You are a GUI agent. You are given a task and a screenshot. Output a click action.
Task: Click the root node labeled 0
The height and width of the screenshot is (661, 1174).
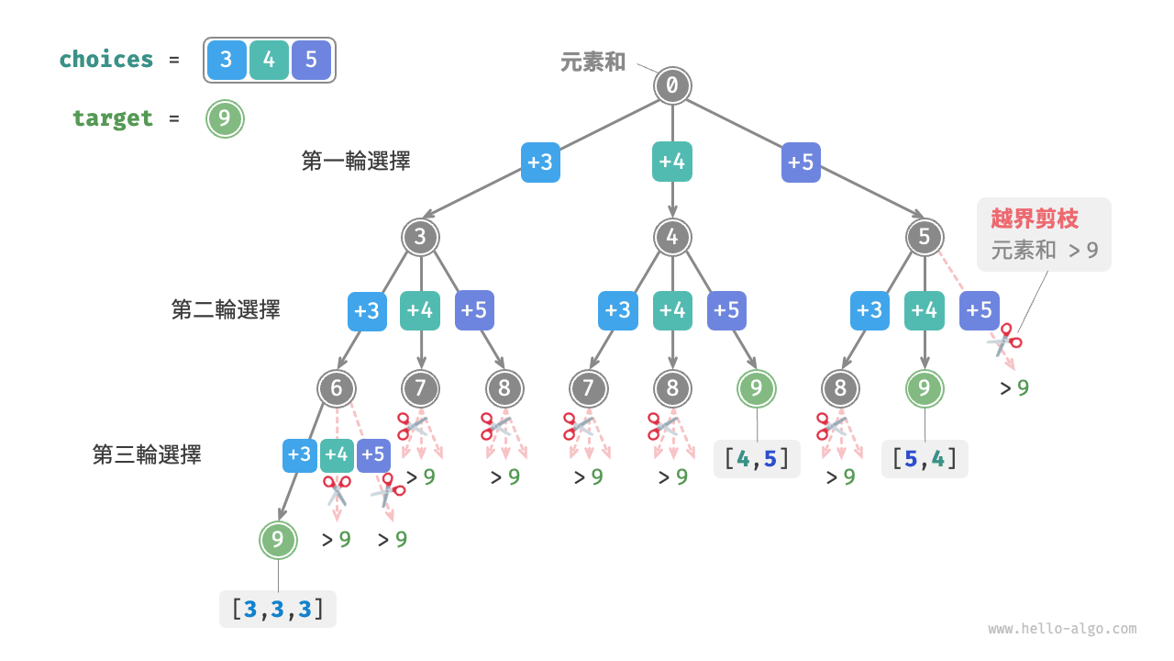(672, 85)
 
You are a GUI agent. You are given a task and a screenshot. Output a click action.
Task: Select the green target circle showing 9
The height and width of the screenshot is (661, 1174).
(225, 118)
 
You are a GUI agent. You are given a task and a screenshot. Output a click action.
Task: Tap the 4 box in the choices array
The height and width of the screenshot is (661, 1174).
(269, 61)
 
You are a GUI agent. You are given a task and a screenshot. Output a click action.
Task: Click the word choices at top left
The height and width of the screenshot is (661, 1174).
(106, 60)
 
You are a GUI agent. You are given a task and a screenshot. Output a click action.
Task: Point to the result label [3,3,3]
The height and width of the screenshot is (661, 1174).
(278, 609)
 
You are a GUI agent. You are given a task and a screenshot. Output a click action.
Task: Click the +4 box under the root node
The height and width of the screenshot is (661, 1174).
(672, 162)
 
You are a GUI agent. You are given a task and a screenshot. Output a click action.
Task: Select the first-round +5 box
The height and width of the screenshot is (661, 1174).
(802, 162)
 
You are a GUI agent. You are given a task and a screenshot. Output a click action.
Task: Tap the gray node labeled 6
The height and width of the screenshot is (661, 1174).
(337, 388)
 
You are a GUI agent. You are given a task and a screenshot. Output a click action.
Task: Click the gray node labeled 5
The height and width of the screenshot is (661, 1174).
(924, 237)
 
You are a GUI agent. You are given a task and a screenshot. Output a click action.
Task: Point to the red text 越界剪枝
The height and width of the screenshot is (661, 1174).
(1035, 218)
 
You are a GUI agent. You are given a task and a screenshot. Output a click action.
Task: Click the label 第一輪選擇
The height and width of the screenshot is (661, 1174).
(356, 162)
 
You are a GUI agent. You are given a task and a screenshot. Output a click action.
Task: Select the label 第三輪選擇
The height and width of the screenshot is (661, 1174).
(147, 454)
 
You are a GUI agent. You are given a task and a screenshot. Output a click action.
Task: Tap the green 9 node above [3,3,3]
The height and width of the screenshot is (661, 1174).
(278, 540)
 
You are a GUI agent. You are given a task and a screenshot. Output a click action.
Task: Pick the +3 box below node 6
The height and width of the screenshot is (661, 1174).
(299, 454)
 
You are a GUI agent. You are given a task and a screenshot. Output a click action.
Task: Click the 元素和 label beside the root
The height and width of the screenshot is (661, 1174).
(593, 62)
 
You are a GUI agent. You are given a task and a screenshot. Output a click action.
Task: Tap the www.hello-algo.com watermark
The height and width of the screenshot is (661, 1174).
(1062, 629)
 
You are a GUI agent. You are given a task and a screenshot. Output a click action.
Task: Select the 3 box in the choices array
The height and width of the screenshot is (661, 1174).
(227, 61)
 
